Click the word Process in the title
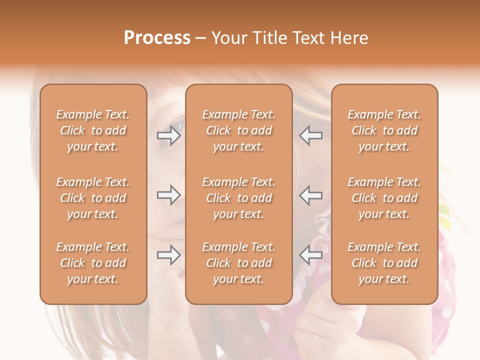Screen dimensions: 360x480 point(157,38)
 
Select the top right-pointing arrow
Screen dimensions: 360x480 point(168,135)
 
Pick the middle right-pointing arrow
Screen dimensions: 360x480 point(168,195)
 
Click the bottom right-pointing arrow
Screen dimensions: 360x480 point(168,255)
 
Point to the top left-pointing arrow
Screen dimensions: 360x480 point(310,135)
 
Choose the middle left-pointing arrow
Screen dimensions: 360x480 point(310,195)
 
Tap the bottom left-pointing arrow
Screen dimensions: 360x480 point(310,255)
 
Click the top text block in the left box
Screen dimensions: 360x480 point(93,130)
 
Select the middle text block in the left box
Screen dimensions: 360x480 point(93,198)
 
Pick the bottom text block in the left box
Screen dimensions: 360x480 point(93,263)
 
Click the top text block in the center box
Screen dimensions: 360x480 point(238,130)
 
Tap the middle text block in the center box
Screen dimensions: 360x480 point(238,198)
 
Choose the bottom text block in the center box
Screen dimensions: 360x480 point(238,263)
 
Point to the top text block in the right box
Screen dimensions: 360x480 point(384,130)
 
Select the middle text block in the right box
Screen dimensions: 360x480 point(384,198)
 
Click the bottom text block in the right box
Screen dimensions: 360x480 point(384,263)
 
